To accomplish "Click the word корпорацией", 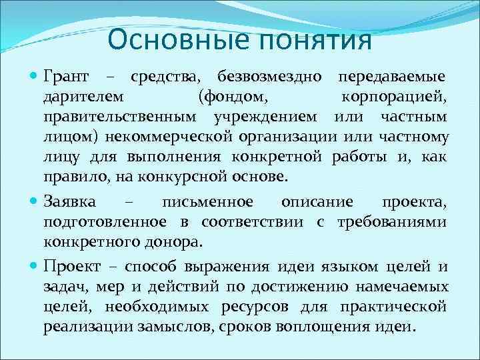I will (x=394, y=99).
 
